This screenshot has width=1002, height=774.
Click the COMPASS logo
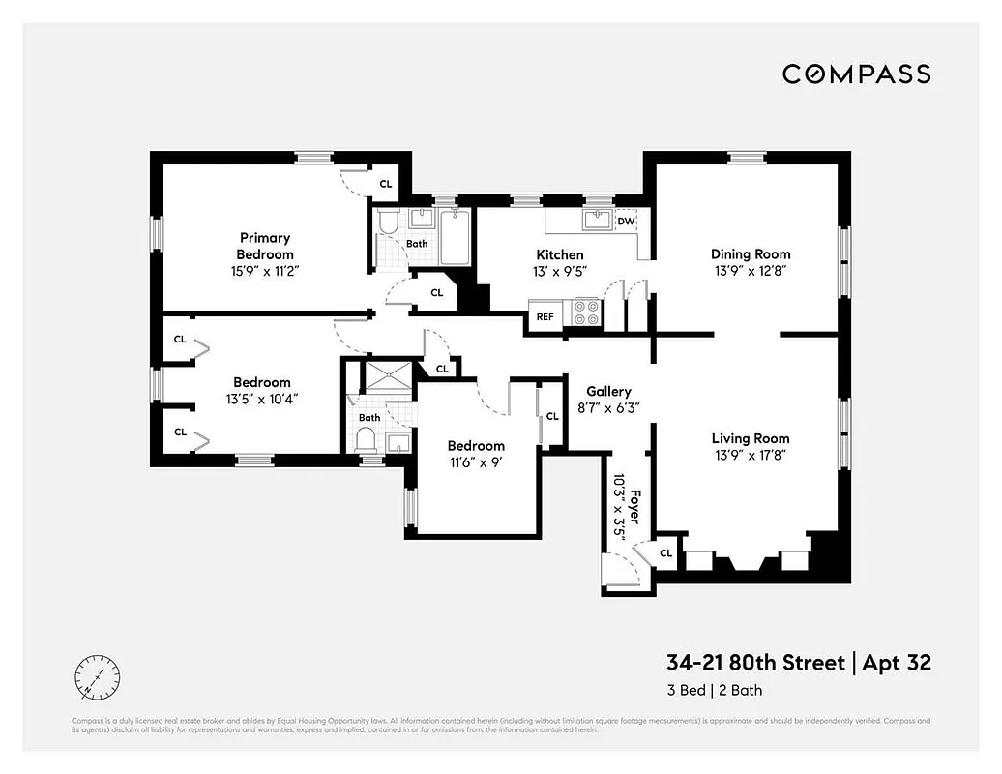pyautogui.click(x=856, y=74)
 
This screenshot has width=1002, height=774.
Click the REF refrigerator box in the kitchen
pyautogui.click(x=545, y=315)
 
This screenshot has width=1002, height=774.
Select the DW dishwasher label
pyautogui.click(x=626, y=221)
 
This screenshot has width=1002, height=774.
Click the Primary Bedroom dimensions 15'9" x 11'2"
pyautogui.click(x=265, y=271)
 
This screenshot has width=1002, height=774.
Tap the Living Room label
pyautogui.click(x=751, y=438)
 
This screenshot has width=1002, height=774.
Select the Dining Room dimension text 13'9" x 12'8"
pyautogui.click(x=751, y=271)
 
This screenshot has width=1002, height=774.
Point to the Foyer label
pyautogui.click(x=635, y=505)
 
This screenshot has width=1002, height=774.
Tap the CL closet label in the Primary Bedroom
pyautogui.click(x=385, y=183)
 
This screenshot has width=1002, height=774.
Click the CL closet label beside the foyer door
pyautogui.click(x=665, y=552)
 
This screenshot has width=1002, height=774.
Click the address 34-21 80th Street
pyautogui.click(x=753, y=663)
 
